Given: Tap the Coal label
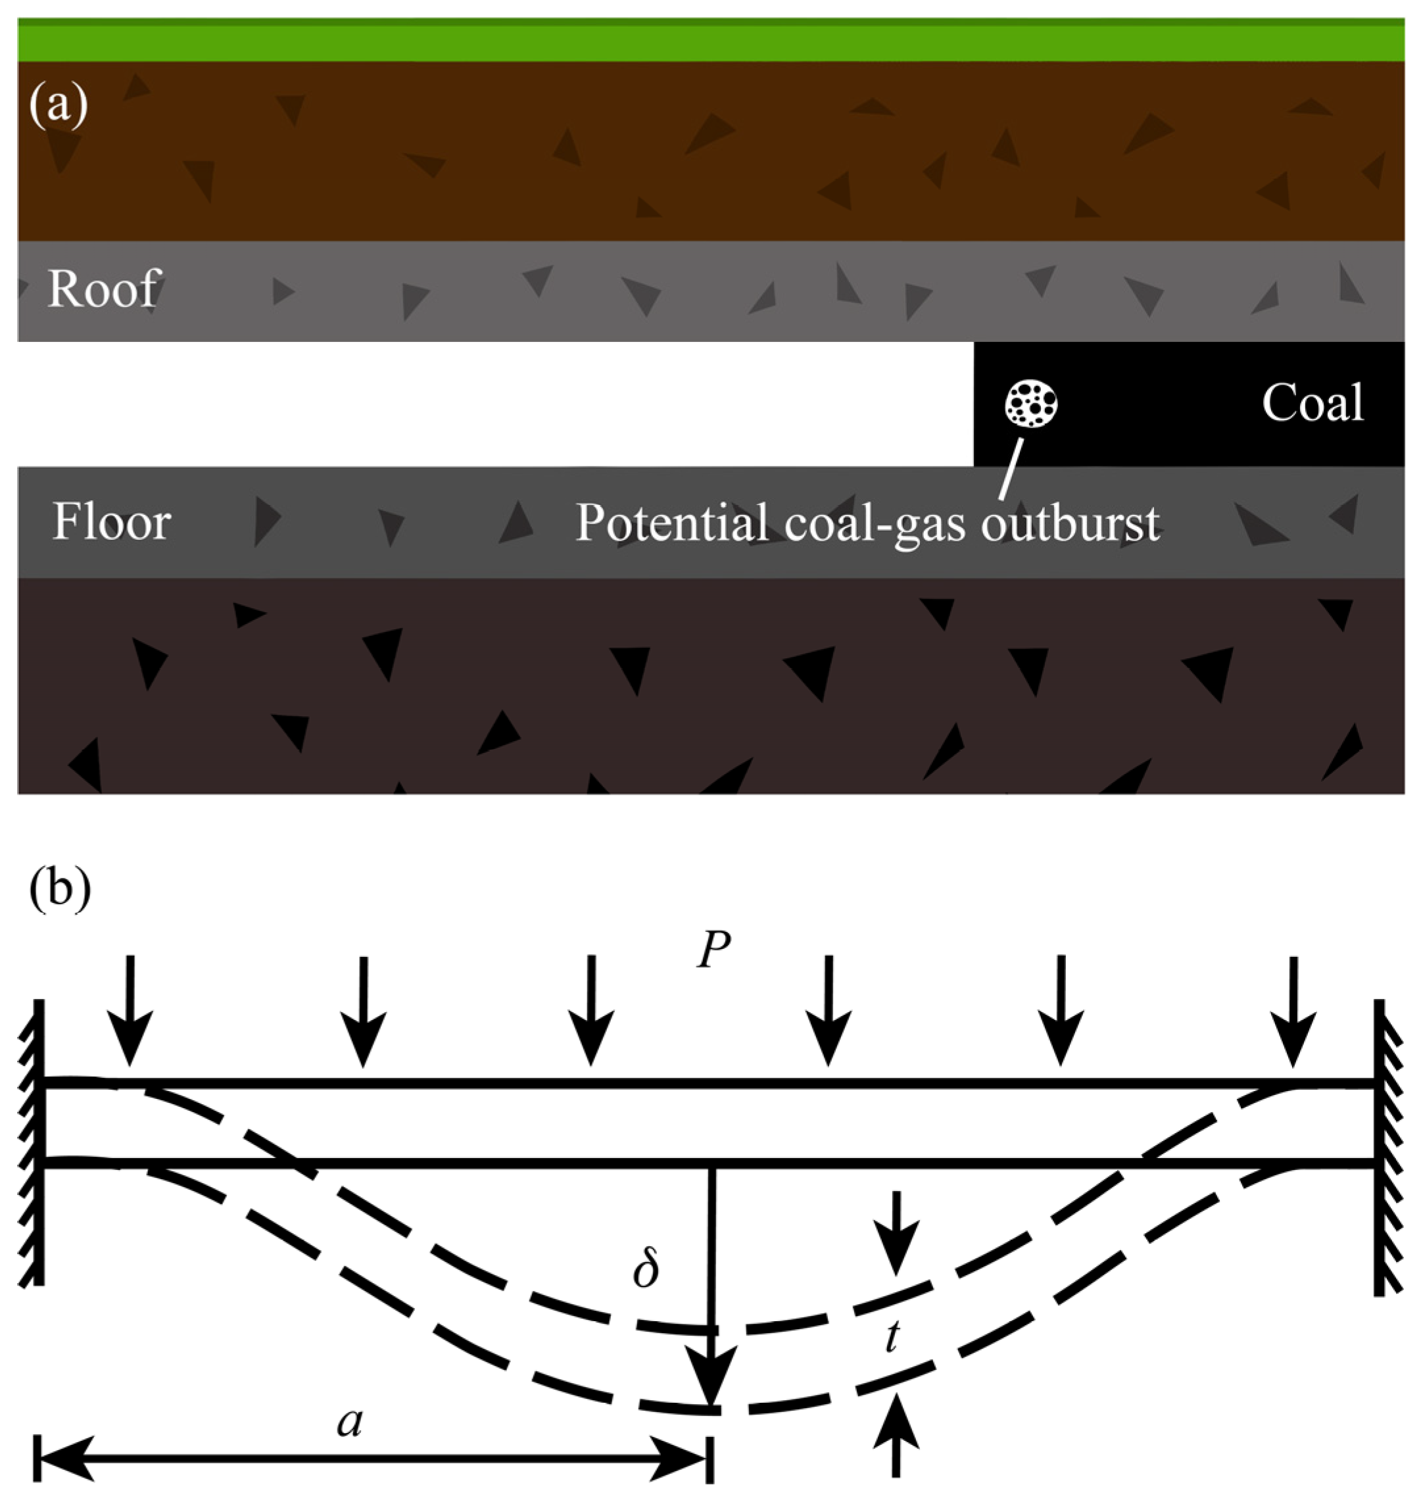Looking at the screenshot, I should [x=1312, y=402].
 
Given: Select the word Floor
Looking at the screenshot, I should [x=111, y=522].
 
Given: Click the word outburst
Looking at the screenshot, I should [x=1070, y=523].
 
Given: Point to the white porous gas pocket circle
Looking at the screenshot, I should [x=1031, y=403].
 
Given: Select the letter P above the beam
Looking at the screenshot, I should [x=713, y=949].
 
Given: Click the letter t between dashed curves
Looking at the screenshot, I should [x=892, y=1336].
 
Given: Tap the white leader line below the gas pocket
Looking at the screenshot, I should [x=1011, y=470].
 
